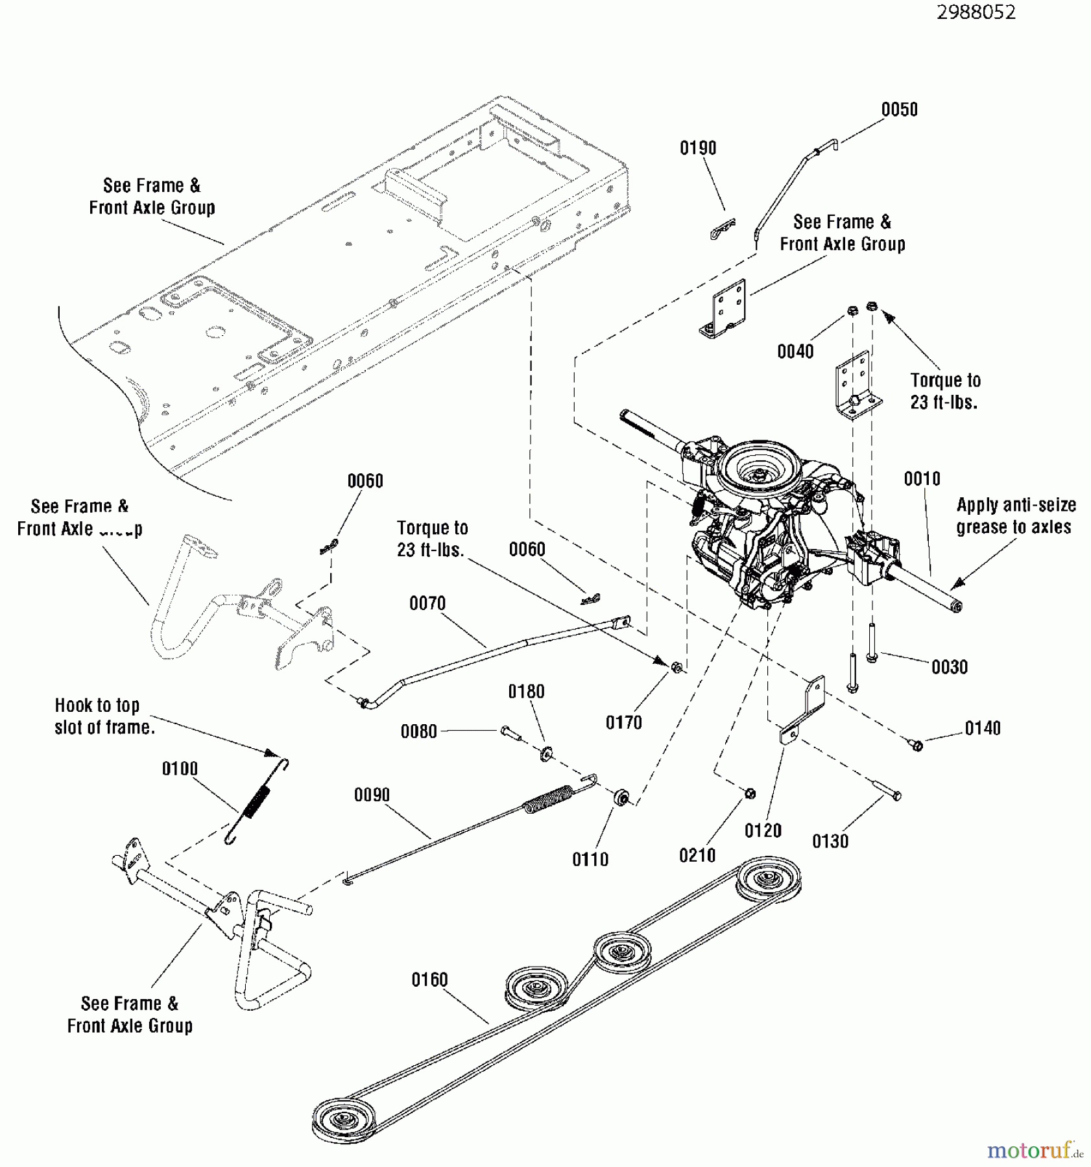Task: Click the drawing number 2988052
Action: [x=976, y=12]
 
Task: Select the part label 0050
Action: [x=899, y=110]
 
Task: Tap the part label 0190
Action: [x=698, y=148]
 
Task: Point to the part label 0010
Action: [x=922, y=479]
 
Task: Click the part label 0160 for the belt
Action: [x=429, y=980]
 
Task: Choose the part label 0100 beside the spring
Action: [x=180, y=769]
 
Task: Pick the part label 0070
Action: [x=427, y=604]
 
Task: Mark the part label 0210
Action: [x=697, y=856]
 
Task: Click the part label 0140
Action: [x=983, y=729]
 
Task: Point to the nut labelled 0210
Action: [x=750, y=793]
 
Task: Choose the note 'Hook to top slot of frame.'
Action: [x=104, y=716]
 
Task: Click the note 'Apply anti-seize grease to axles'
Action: [x=1016, y=516]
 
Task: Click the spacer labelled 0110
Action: [x=620, y=797]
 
